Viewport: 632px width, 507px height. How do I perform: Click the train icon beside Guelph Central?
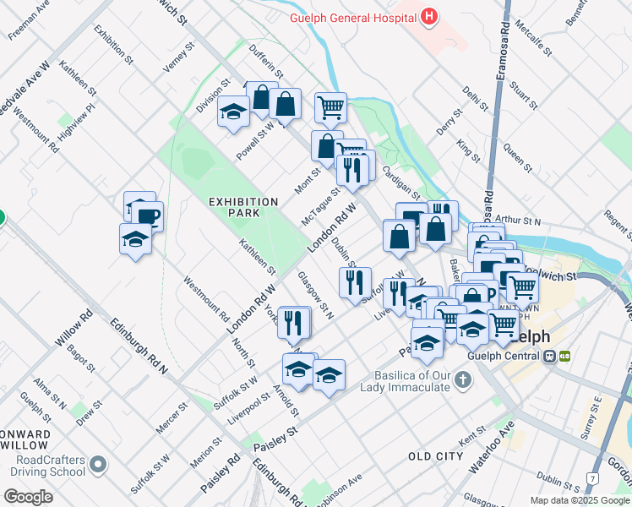[551, 357]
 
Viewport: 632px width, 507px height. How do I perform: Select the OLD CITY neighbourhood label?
[435, 456]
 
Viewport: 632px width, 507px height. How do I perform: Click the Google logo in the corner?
[28, 497]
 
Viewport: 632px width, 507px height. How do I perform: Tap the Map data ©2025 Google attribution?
[580, 500]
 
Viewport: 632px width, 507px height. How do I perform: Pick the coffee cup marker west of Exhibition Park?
[148, 215]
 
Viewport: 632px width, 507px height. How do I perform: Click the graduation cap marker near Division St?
[232, 112]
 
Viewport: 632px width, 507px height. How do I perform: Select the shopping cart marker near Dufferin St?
[330, 106]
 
